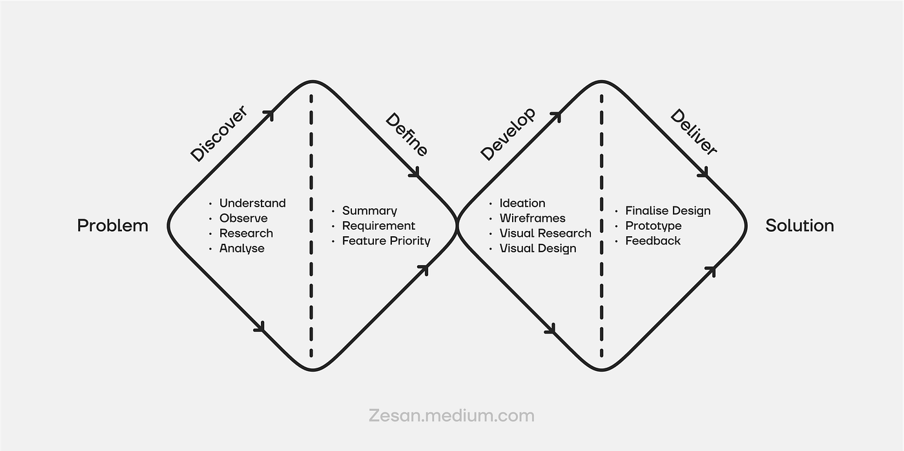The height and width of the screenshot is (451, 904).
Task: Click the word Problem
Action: pyautogui.click(x=112, y=226)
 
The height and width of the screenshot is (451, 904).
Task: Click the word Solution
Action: pyautogui.click(x=799, y=226)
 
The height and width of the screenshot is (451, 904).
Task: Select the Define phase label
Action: pyautogui.click(x=407, y=134)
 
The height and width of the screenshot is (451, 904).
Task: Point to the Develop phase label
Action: pyautogui.click(x=508, y=134)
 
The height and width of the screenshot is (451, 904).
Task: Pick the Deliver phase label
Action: pyautogui.click(x=693, y=132)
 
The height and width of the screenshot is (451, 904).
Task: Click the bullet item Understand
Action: pyautogui.click(x=252, y=203)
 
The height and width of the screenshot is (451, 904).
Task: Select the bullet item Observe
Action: pyautogui.click(x=243, y=218)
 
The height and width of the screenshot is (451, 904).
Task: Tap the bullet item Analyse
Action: pyautogui.click(x=241, y=248)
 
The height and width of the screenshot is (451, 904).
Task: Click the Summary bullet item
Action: pyautogui.click(x=369, y=211)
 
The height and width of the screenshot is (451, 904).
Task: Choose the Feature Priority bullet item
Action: pyautogui.click(x=385, y=241)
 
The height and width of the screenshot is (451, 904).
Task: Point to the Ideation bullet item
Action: pyautogui.click(x=522, y=203)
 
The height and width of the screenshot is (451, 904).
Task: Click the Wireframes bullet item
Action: pyautogui.click(x=532, y=218)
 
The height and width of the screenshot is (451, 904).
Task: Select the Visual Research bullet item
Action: pyautogui.click(x=545, y=233)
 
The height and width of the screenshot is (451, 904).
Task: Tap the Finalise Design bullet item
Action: pyautogui.click(x=668, y=211)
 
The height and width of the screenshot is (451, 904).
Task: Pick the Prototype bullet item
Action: pyautogui.click(x=653, y=226)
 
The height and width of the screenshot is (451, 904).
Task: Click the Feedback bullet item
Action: pyautogui.click(x=652, y=241)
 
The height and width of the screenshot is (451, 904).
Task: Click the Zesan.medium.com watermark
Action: pyautogui.click(x=451, y=416)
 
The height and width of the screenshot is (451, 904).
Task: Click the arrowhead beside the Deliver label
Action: pyautogui.click(x=704, y=173)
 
